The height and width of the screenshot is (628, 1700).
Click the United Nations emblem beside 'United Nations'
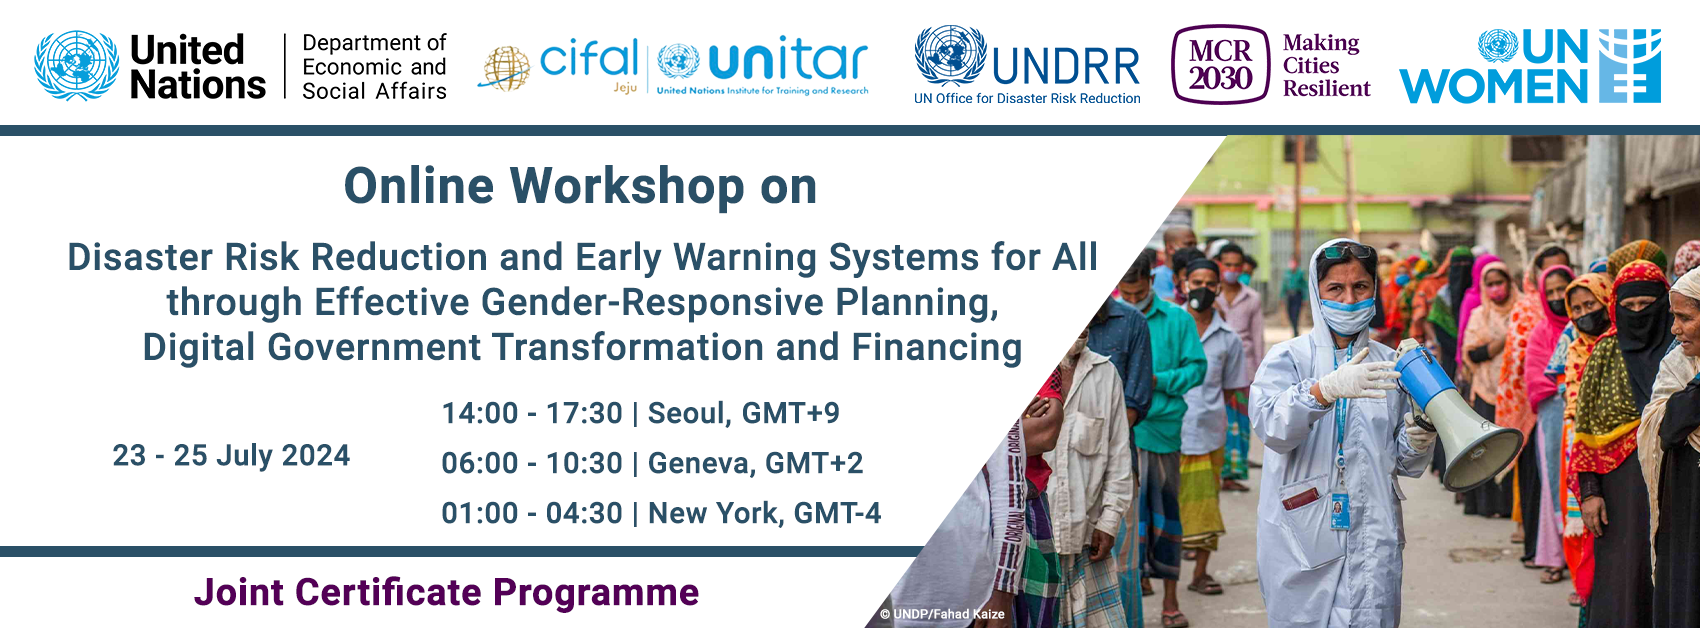[77, 65]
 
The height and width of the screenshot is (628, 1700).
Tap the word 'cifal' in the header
[588, 59]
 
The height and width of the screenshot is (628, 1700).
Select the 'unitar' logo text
[787, 61]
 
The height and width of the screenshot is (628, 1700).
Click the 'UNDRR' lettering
[1066, 67]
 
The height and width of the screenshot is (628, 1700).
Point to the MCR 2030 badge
[1220, 64]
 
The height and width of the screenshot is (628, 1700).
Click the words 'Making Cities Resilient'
[1326, 65]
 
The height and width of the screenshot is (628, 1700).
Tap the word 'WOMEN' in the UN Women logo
[1494, 87]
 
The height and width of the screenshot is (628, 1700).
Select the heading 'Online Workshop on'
[581, 186]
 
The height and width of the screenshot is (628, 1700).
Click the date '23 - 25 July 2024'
[231, 456]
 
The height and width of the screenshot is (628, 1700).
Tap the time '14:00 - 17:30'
[532, 413]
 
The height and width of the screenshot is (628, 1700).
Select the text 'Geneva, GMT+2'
[755, 463]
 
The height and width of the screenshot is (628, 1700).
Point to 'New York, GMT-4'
[764, 513]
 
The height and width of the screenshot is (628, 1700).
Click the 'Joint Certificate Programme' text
[446, 592]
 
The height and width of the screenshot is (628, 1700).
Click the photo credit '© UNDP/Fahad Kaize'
[942, 614]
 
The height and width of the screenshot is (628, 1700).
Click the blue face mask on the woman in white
[1347, 314]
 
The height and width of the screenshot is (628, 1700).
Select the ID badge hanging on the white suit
[1340, 511]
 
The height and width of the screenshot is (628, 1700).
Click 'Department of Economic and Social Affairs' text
[374, 67]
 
